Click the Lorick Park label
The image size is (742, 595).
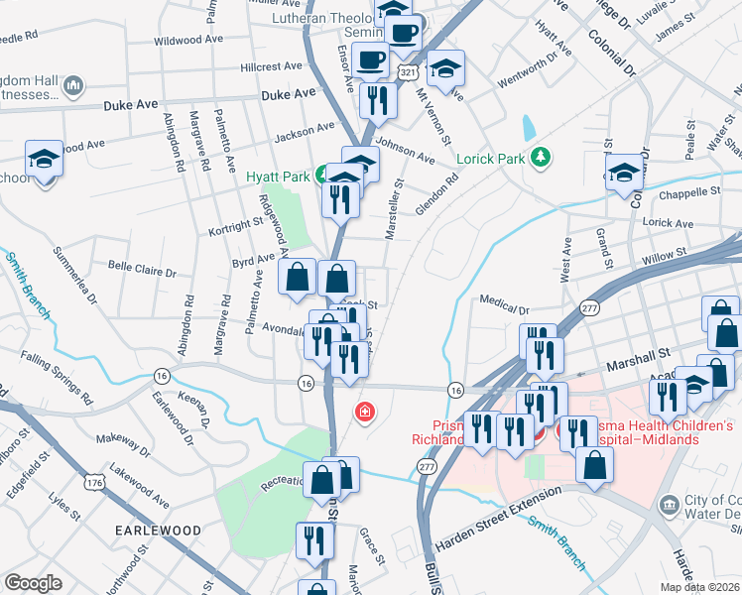click(x=488, y=158)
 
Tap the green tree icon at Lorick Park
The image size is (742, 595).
click(x=540, y=157)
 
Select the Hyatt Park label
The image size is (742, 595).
click(x=278, y=178)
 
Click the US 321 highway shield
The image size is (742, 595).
click(x=407, y=72)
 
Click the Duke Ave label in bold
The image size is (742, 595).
click(x=288, y=94)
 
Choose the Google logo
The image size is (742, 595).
click(x=33, y=583)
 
